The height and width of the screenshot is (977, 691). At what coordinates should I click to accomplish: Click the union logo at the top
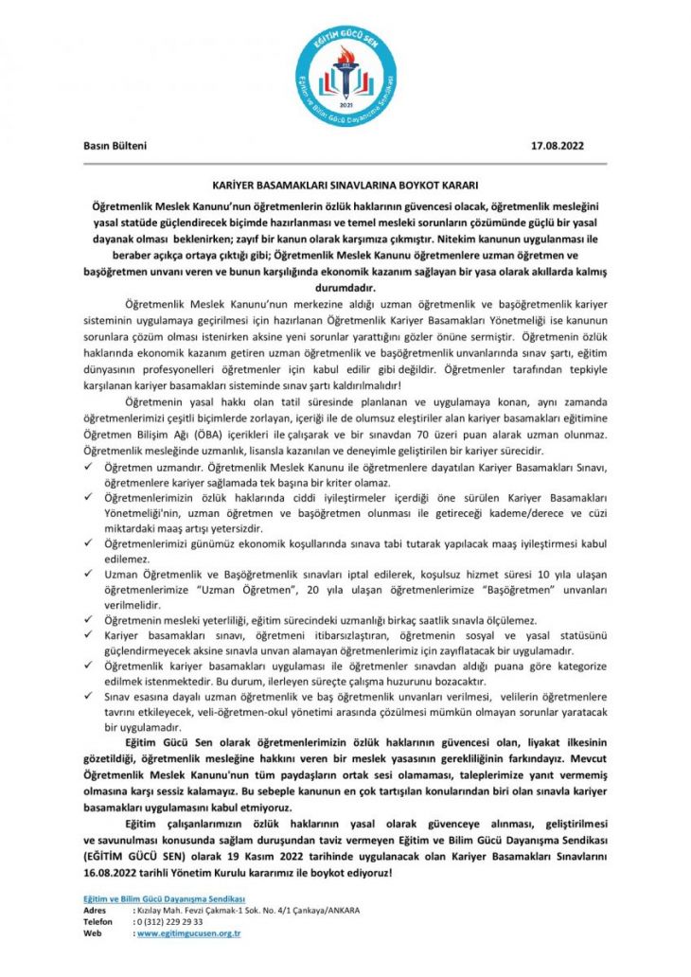345,72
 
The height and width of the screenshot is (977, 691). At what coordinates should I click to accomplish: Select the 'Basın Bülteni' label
115,146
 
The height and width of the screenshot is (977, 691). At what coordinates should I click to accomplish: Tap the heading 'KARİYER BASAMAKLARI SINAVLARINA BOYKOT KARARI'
345,187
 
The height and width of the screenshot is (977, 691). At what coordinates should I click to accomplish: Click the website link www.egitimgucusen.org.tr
189,933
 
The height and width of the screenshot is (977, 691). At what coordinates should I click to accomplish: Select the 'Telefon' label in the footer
98,921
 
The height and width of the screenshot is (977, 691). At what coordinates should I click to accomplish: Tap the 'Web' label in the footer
92,933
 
